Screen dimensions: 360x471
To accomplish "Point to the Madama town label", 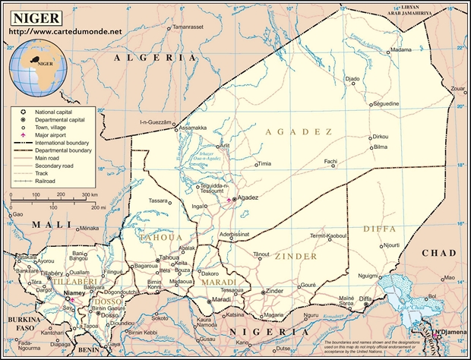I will coord(400,51).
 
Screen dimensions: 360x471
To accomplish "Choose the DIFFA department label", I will coord(379,228).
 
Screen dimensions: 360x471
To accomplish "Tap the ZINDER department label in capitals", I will coord(296,257).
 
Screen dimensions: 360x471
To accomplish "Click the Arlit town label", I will coord(223,146).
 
